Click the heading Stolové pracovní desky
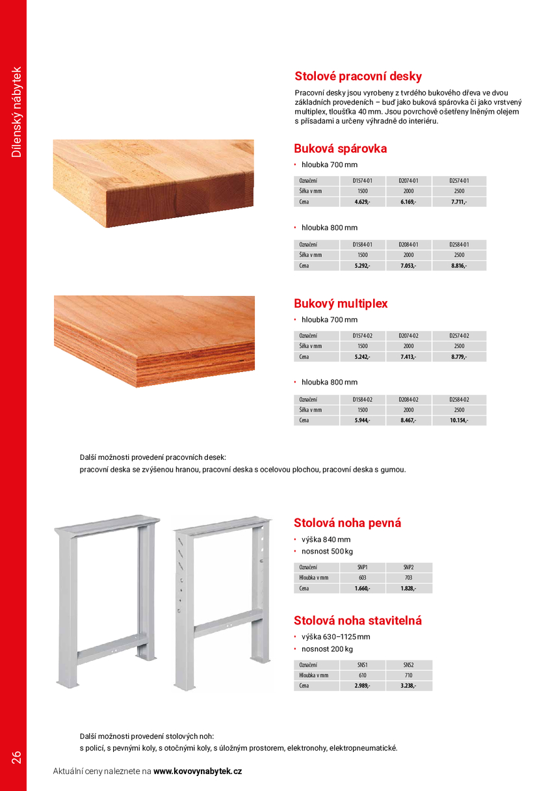click(x=358, y=76)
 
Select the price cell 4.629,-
click(x=362, y=202)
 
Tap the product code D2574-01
click(x=459, y=181)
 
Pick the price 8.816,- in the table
click(x=459, y=265)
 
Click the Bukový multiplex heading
click(x=341, y=304)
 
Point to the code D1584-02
click(x=362, y=399)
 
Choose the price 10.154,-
click(x=459, y=420)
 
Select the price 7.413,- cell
click(x=408, y=356)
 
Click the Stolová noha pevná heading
click(x=347, y=523)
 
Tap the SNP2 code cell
click(x=408, y=567)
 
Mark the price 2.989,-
click(x=362, y=686)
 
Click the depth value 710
click(x=408, y=675)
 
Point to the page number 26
click(x=16, y=757)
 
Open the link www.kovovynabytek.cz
click(x=198, y=771)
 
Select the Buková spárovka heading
click(x=340, y=148)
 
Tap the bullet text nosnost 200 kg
click(x=327, y=649)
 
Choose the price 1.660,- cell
click(x=362, y=588)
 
